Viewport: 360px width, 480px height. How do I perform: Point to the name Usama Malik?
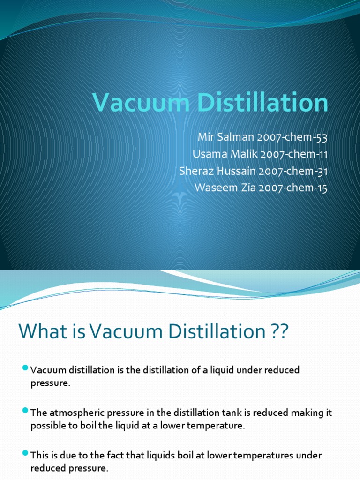click(x=219, y=155)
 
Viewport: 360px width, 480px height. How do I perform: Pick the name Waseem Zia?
click(x=218, y=188)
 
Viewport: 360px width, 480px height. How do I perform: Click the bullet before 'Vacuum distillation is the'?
click(x=25, y=368)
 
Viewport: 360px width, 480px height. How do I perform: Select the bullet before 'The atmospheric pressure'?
click(x=25, y=411)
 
